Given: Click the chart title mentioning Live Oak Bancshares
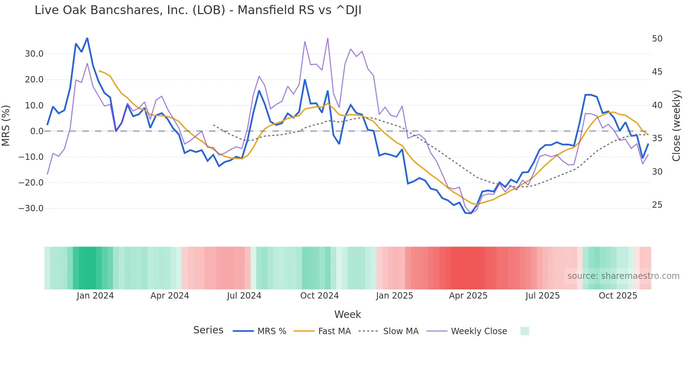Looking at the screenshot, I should pos(198,10).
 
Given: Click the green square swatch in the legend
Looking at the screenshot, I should pos(525,331).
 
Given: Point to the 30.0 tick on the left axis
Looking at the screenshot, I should pos(34,54).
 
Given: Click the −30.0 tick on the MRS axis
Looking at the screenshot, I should pos(31,208).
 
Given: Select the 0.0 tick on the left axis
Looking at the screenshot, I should pos(37,131).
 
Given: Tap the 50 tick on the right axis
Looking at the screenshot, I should pos(657,39).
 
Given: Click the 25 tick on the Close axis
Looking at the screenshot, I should pos(657,205).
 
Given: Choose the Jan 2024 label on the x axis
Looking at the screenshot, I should pos(95,296).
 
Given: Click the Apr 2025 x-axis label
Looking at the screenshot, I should pos(468,296).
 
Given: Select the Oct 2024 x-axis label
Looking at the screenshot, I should pos(319,296).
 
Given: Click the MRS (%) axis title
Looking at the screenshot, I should pos(6,125).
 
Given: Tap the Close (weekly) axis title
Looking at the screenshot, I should pos(676,126).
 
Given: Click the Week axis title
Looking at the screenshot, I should pos(347,314).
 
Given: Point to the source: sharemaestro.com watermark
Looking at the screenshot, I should pos(623,276).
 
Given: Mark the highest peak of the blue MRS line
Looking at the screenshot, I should pos(87,38).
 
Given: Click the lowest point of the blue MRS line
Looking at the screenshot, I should pos(471,213).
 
